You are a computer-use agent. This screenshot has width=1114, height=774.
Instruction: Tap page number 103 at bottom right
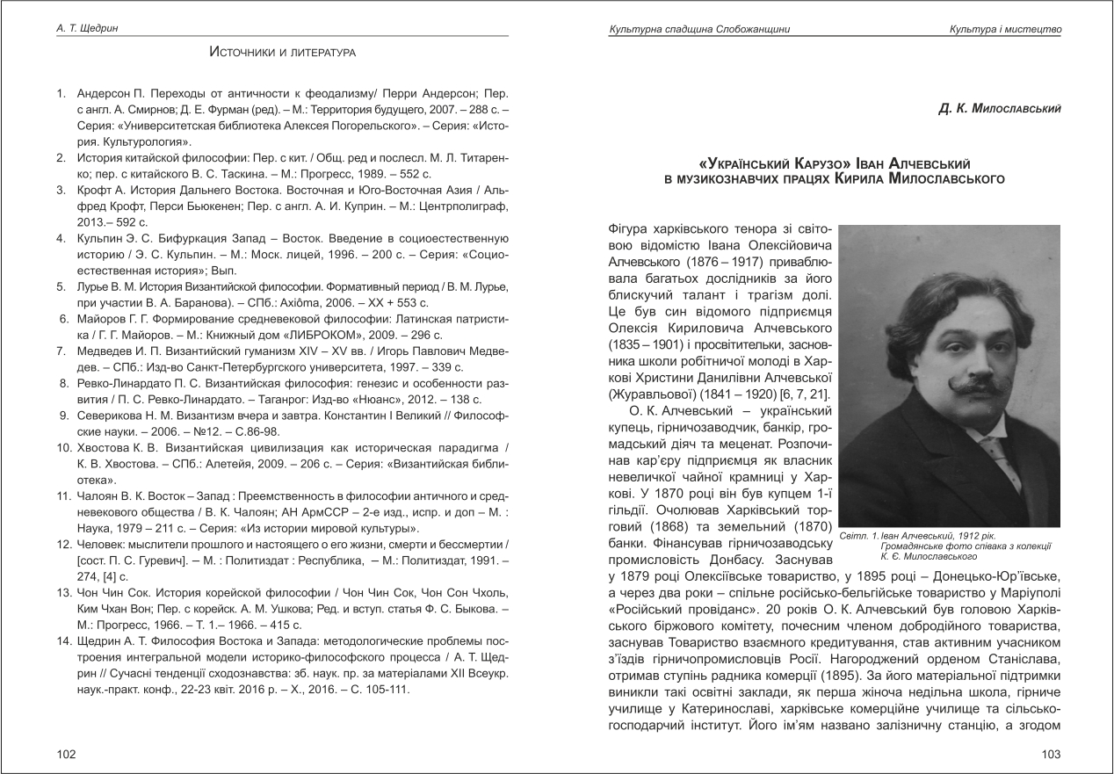coord(1051,754)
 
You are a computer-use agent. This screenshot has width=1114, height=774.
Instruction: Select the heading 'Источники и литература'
coord(282,53)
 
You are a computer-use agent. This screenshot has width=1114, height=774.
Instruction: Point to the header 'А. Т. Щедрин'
coord(83,29)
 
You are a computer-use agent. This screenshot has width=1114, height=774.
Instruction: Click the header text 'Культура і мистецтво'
coord(1005,30)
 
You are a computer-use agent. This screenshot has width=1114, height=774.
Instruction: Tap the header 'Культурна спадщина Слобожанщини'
coord(699,30)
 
